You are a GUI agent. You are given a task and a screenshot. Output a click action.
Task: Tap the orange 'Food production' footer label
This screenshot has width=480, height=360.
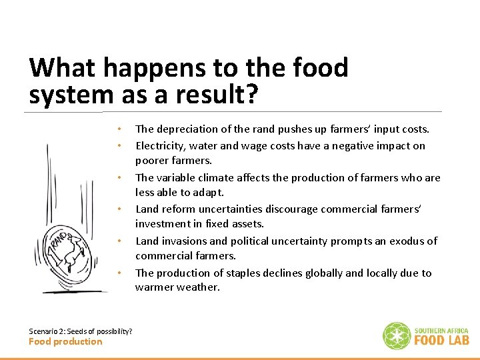click(65, 341)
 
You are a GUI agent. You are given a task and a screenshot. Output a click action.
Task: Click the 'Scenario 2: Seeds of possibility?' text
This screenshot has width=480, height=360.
click(80, 331)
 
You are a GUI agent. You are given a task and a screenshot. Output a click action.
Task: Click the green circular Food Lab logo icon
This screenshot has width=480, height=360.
click(397, 335)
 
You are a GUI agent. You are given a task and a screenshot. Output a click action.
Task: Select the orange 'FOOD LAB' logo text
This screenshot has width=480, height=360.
click(441, 340)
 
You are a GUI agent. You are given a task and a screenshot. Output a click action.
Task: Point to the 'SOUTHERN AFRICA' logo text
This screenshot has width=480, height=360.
click(441, 331)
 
